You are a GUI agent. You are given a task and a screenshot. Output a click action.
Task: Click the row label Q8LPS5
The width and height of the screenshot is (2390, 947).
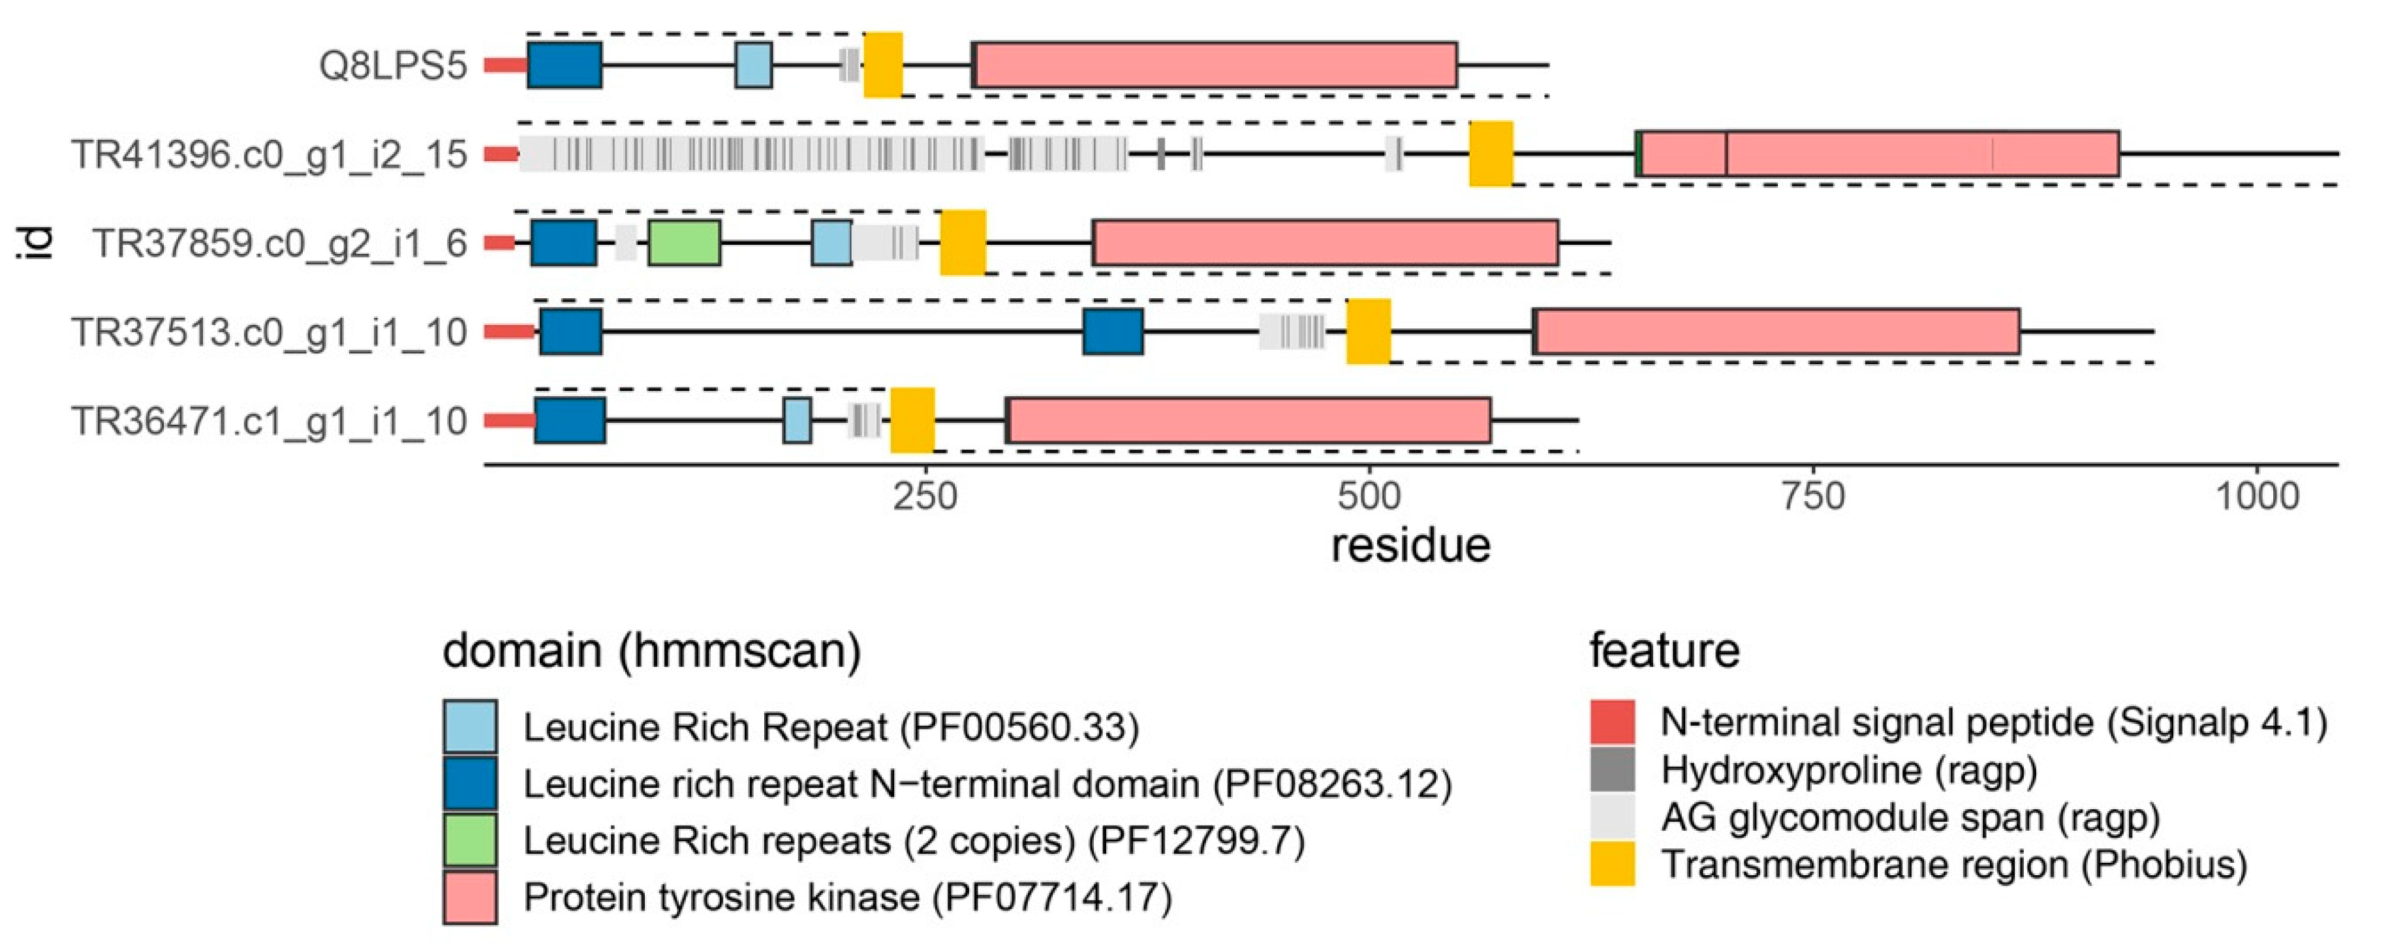pyautogui.click(x=392, y=66)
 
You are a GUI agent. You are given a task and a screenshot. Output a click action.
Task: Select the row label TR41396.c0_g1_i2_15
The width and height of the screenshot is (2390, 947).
pyautogui.click(x=269, y=155)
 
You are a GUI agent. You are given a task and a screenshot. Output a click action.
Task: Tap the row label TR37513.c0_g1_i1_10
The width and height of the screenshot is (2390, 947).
pyautogui.click(x=269, y=332)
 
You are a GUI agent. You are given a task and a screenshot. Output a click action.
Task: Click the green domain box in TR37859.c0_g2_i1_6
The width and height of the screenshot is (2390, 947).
pyautogui.click(x=684, y=243)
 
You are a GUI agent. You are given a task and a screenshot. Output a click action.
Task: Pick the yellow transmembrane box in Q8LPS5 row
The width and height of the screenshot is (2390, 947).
pyautogui.click(x=882, y=65)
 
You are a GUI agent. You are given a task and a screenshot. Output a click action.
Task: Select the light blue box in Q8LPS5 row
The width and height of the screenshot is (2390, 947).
pyautogui.click(x=753, y=65)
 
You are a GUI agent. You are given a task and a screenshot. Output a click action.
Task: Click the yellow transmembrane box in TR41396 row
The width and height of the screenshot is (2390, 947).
pyautogui.click(x=1490, y=154)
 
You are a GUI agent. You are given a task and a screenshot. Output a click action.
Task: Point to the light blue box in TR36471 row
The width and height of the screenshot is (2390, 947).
pyautogui.click(x=797, y=420)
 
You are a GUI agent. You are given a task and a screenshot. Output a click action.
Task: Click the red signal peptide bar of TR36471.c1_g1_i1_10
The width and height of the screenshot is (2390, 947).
pyautogui.click(x=509, y=421)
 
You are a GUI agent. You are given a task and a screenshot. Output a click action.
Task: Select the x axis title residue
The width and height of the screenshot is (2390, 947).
pyautogui.click(x=1410, y=546)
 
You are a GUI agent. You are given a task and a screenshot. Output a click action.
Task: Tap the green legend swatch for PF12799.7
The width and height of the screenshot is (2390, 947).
pyautogui.click(x=469, y=841)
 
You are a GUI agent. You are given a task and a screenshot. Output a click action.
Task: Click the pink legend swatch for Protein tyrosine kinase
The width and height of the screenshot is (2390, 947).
pyautogui.click(x=469, y=897)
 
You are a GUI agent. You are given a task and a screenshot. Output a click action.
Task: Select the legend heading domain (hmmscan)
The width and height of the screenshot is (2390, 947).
pyautogui.click(x=651, y=651)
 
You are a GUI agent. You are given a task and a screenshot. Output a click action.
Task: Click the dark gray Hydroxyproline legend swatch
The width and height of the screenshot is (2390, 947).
pyautogui.click(x=1613, y=770)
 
